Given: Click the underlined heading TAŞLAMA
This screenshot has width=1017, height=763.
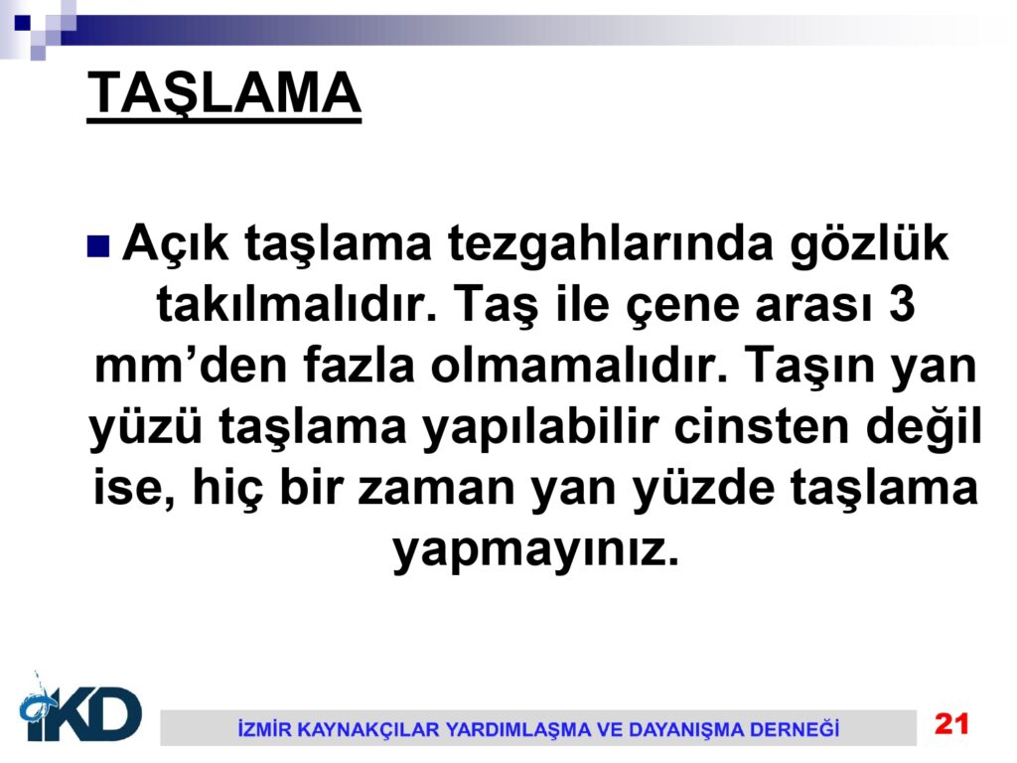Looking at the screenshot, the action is point(223,94).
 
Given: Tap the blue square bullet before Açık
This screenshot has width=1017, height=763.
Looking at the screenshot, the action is point(98,246).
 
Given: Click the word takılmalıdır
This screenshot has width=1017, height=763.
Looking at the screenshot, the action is point(297,304).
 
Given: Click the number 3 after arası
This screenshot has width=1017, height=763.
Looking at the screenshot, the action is point(902,304).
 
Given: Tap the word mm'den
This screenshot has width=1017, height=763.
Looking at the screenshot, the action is point(191,365).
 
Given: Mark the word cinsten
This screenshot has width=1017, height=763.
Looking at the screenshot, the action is point(762,426).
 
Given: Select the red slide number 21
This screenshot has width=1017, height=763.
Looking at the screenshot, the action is point(951,723).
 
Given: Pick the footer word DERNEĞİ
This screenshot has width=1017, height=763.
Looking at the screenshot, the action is point(795,728).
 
